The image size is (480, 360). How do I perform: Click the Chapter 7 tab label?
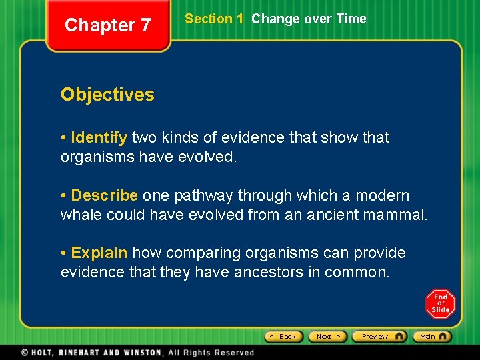point(108,25)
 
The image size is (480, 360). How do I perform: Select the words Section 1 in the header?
point(214,19)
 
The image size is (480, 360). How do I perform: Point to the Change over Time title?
point(309,19)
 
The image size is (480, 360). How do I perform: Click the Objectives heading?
point(107,95)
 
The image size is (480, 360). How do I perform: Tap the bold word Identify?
point(99,138)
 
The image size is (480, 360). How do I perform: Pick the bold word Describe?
point(104,196)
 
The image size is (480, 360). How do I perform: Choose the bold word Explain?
point(99,253)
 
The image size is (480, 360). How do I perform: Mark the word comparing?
point(203,253)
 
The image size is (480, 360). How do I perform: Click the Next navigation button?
point(329,337)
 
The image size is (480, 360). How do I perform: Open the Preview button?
point(379,337)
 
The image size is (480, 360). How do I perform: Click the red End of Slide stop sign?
point(441,304)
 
